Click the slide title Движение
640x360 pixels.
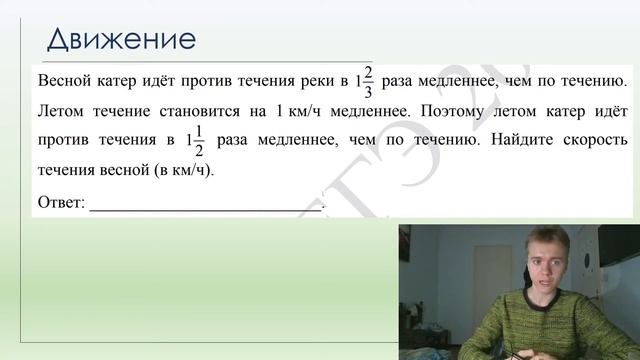coord(120,40)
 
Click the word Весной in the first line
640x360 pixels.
coord(65,79)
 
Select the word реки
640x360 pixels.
coord(316,79)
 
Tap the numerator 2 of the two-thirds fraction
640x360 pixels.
coord(368,70)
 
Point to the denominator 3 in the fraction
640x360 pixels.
coord(368,89)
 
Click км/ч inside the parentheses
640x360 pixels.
coord(187,169)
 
